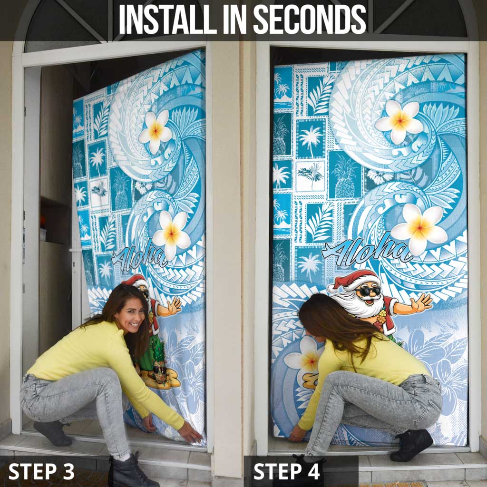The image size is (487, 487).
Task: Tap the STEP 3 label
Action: [x=41, y=471]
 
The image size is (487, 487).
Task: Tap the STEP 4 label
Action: [x=286, y=471]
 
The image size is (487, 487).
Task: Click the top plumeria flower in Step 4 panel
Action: [x=399, y=122]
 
